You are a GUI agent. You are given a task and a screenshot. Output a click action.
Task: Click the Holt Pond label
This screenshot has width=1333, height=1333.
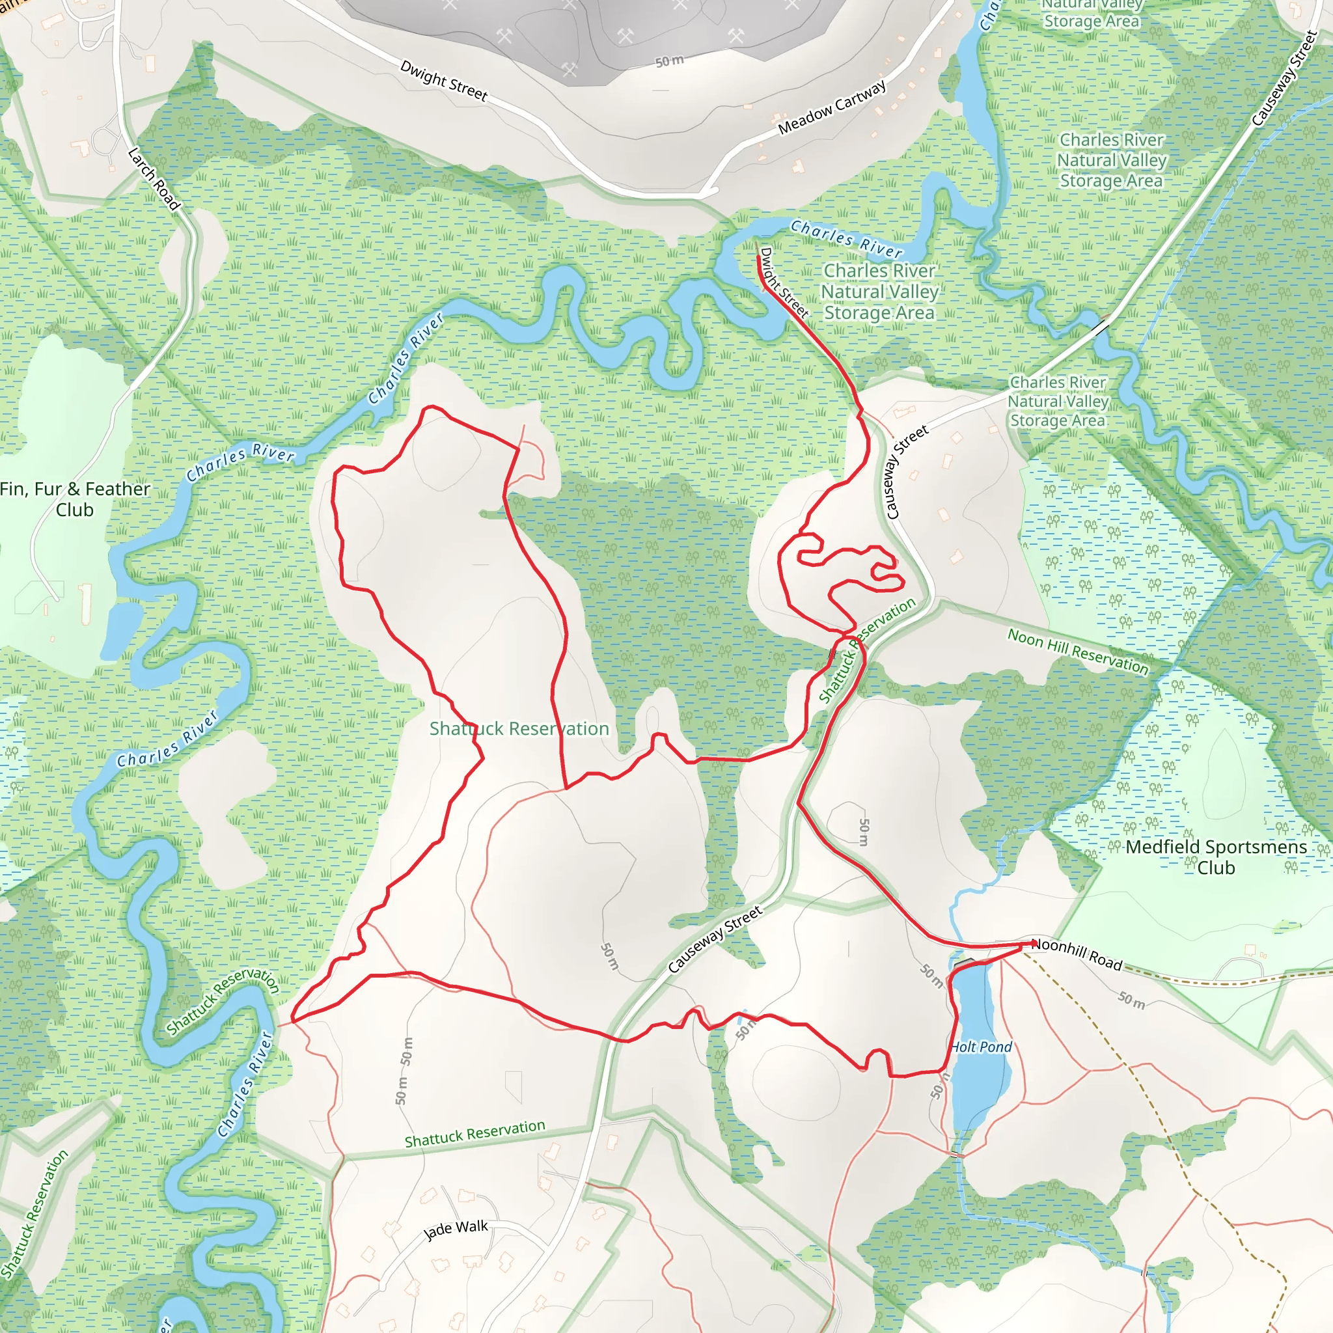pyautogui.click(x=980, y=1047)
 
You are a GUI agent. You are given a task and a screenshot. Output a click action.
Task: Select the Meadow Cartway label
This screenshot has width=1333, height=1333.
pyautogui.click(x=831, y=107)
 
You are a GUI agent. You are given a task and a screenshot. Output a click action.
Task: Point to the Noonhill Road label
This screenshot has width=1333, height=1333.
pyautogui.click(x=1077, y=954)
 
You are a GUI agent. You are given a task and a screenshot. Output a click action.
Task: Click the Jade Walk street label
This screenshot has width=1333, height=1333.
pyautogui.click(x=456, y=1230)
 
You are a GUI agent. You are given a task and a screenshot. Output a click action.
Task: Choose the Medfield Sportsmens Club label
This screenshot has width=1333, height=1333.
pyautogui.click(x=1216, y=857)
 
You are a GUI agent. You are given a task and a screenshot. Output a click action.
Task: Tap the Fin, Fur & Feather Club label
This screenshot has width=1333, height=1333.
pyautogui.click(x=74, y=499)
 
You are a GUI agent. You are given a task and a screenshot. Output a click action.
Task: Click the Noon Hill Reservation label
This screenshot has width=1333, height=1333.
pyautogui.click(x=1078, y=651)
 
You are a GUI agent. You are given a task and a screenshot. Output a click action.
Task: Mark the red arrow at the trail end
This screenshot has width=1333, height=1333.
pyautogui.click(x=1033, y=942)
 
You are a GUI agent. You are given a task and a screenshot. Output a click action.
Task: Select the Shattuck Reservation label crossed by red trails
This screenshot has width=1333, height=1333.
pyautogui.click(x=519, y=728)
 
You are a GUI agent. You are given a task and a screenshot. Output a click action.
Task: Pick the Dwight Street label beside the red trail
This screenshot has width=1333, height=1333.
pyautogui.click(x=784, y=282)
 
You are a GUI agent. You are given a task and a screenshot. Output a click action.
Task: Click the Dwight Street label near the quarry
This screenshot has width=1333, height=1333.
pyautogui.click(x=444, y=81)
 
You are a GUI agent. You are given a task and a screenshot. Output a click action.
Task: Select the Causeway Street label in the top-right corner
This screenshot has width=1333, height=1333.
pyautogui.click(x=1284, y=79)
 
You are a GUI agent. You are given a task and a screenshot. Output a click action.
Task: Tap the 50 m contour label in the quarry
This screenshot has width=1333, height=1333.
pyautogui.click(x=669, y=61)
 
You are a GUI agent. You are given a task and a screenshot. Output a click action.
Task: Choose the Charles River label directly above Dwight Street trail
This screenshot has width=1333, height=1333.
pyautogui.click(x=846, y=238)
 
